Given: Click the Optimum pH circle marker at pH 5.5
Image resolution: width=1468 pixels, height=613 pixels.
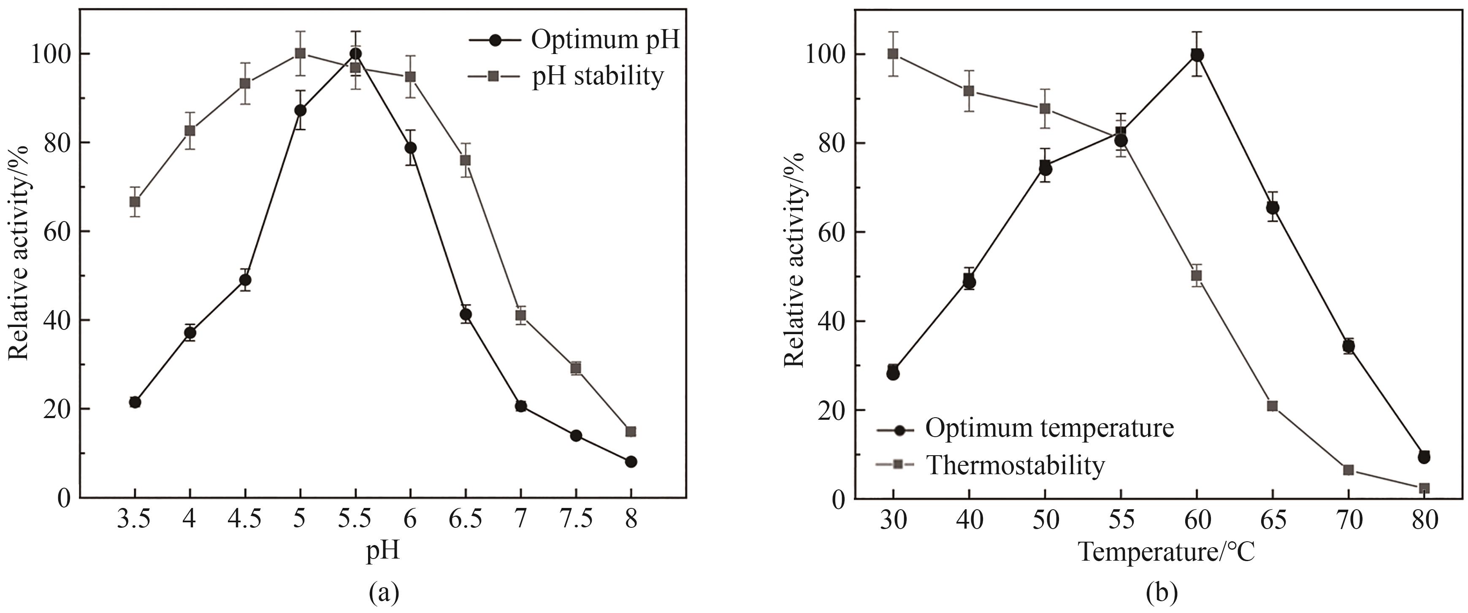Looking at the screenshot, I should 355,54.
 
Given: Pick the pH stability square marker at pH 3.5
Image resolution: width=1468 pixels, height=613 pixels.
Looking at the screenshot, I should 135,202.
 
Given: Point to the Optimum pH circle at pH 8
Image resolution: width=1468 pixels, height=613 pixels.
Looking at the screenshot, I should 631,462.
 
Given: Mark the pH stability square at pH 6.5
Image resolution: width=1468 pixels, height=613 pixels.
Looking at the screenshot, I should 466,160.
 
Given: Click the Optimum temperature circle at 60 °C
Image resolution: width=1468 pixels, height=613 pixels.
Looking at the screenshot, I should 1197,55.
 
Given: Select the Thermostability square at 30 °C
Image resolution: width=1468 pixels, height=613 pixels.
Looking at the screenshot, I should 893,54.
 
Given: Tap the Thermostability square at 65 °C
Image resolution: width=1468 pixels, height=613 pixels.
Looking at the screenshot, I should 1273,405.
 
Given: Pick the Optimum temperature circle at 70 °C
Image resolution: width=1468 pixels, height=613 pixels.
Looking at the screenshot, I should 1348,346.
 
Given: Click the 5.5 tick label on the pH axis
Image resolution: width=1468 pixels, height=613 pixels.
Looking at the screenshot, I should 355,519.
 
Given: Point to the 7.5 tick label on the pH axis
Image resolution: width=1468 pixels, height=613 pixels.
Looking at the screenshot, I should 576,519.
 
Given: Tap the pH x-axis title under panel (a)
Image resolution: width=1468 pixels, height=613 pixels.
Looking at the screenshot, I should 382,551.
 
